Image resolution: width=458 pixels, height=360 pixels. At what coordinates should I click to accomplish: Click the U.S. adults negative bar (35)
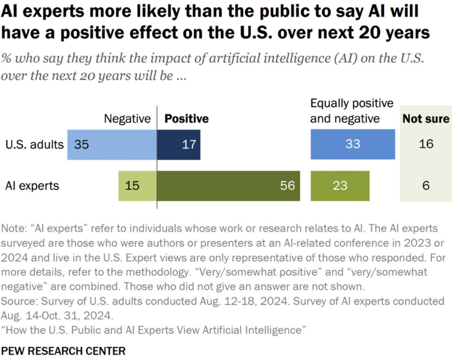pyautogui.click(x=112, y=144)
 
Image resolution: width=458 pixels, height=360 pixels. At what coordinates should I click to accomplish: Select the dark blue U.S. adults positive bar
pyautogui.click(x=178, y=144)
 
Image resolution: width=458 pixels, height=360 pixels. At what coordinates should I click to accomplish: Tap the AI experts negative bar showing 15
pyautogui.click(x=137, y=186)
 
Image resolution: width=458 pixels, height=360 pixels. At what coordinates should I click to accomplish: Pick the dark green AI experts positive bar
pyautogui.click(x=228, y=186)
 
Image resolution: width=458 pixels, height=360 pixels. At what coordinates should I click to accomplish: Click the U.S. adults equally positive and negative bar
pyautogui.click(x=352, y=144)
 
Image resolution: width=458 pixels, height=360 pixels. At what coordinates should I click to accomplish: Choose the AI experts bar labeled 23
pyautogui.click(x=340, y=186)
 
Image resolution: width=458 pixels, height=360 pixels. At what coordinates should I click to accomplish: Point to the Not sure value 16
pyautogui.click(x=425, y=144)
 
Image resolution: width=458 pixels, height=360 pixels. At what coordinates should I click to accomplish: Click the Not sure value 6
pyautogui.click(x=426, y=186)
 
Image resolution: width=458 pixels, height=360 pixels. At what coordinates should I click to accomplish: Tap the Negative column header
pyautogui.click(x=127, y=119)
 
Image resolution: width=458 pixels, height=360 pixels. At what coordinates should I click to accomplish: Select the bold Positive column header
pyautogui.click(x=186, y=119)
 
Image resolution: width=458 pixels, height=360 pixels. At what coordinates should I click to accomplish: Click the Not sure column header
pyautogui.click(x=426, y=119)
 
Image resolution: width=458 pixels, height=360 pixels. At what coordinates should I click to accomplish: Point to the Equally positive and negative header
pyautogui.click(x=351, y=111)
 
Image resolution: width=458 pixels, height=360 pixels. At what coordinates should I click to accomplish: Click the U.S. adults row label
pyautogui.click(x=34, y=145)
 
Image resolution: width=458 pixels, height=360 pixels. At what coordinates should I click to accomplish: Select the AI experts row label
pyautogui.click(x=32, y=186)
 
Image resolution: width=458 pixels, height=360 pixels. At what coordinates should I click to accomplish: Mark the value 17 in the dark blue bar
pyautogui.click(x=188, y=144)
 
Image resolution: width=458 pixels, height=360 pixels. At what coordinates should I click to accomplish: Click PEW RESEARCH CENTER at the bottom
pyautogui.click(x=63, y=351)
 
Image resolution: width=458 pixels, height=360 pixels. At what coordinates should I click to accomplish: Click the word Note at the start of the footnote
pyautogui.click(x=13, y=228)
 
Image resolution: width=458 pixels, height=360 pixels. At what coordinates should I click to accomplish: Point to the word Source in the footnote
pyautogui.click(x=18, y=302)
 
